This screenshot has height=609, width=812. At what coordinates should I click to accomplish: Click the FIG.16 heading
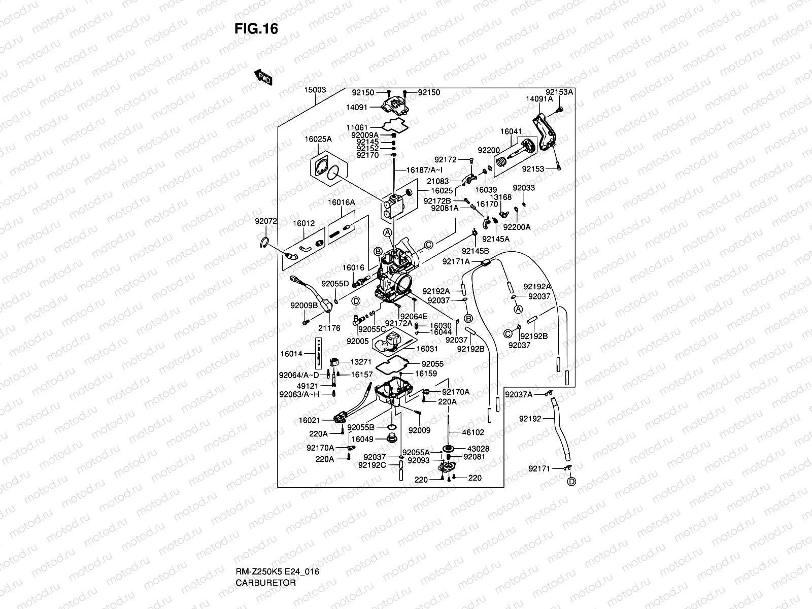click(256, 29)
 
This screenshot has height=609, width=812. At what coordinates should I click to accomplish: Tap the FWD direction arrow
click(264, 77)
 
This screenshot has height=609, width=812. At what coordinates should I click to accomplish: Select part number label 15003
click(315, 90)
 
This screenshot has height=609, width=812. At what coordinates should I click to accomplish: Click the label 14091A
click(539, 99)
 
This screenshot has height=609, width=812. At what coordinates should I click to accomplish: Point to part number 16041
click(511, 131)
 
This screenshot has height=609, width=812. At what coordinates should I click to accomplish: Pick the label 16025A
click(318, 139)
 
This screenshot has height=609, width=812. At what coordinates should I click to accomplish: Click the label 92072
click(266, 221)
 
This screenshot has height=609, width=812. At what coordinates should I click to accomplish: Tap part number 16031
click(427, 349)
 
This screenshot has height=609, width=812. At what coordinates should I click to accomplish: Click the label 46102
click(473, 432)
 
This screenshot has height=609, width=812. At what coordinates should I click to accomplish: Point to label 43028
click(478, 449)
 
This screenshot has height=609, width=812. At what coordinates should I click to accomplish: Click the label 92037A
click(518, 394)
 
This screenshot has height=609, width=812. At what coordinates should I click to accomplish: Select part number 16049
click(362, 439)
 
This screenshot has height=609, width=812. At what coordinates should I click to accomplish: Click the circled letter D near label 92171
click(571, 481)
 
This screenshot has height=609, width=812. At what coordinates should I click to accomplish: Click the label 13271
click(361, 362)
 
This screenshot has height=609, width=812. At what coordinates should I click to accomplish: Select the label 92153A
click(559, 92)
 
